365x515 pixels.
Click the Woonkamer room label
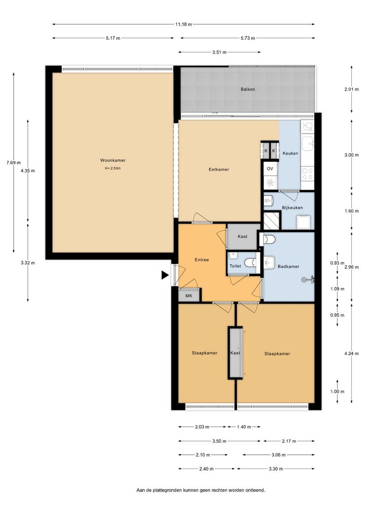click(113, 160)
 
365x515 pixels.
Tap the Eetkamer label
click(219, 169)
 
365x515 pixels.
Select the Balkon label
click(247, 89)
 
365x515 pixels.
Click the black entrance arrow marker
click(165, 275)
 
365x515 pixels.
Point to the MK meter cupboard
click(189, 295)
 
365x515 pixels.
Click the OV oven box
click(270, 169)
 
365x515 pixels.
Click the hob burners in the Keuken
click(307, 174)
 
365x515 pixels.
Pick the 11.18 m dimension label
click(184, 24)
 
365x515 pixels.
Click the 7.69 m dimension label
click(14, 162)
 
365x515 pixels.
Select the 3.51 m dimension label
click(219, 52)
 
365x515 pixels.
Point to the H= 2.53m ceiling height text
click(113, 168)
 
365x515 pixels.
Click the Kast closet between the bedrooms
click(235, 353)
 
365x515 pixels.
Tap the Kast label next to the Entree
click(242, 236)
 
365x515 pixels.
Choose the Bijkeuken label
click(293, 207)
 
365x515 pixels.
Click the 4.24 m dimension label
click(351, 354)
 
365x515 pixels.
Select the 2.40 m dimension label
click(206, 469)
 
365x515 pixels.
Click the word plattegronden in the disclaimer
click(167, 490)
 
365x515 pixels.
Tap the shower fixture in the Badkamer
click(308, 279)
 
